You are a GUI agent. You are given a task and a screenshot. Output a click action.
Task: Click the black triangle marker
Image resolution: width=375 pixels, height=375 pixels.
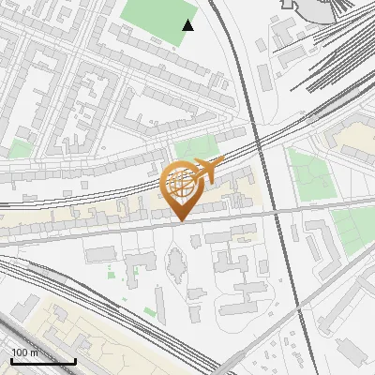[x=187, y=25]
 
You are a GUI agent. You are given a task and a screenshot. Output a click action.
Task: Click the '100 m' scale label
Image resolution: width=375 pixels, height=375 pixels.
[x=24, y=352]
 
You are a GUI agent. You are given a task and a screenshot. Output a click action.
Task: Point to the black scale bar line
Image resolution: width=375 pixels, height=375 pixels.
[x=42, y=361]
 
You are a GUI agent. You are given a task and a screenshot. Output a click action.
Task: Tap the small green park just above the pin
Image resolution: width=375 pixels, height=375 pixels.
[x=195, y=148]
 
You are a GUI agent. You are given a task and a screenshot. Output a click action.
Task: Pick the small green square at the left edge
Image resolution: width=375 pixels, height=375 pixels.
[x=20, y=150]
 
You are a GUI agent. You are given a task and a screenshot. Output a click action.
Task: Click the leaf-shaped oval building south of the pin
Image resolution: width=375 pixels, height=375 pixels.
[x=175, y=268]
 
